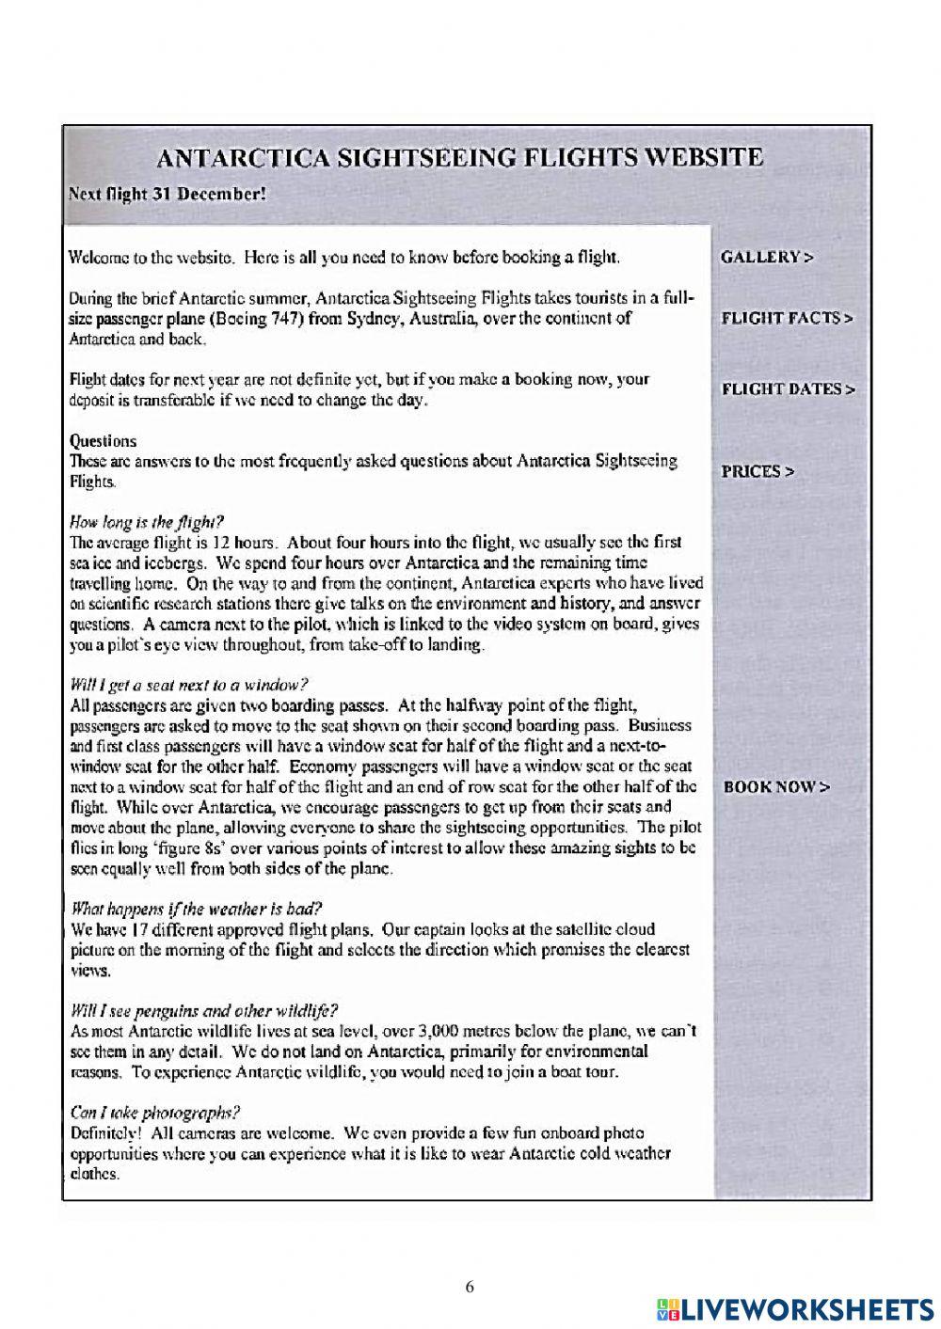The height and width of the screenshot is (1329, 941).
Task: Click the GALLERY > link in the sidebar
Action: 766,257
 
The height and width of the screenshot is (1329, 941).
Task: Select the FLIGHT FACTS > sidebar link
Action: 787,318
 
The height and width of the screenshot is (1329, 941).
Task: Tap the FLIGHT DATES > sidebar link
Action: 788,388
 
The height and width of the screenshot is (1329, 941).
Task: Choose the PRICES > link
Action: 758,471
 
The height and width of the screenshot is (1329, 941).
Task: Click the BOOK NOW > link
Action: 776,787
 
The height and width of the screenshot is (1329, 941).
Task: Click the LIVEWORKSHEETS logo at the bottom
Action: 796,1308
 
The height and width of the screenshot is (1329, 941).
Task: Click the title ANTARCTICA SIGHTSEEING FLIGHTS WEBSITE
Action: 459,157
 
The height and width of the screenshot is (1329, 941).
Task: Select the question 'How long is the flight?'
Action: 147,522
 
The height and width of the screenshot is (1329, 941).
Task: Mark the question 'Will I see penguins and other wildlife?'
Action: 203,1011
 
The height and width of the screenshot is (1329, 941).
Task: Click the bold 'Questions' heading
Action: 103,440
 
